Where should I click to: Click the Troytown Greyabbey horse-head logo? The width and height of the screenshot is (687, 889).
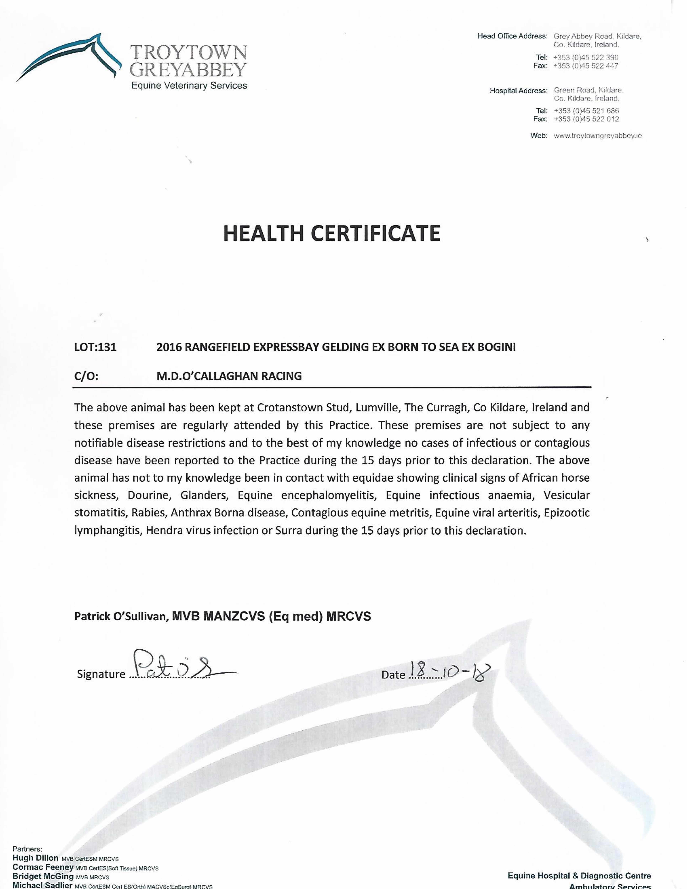click(69, 57)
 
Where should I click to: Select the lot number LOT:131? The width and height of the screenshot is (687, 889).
click(95, 347)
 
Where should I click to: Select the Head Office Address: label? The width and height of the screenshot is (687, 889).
click(512, 36)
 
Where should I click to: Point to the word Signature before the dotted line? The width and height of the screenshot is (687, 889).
click(101, 674)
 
